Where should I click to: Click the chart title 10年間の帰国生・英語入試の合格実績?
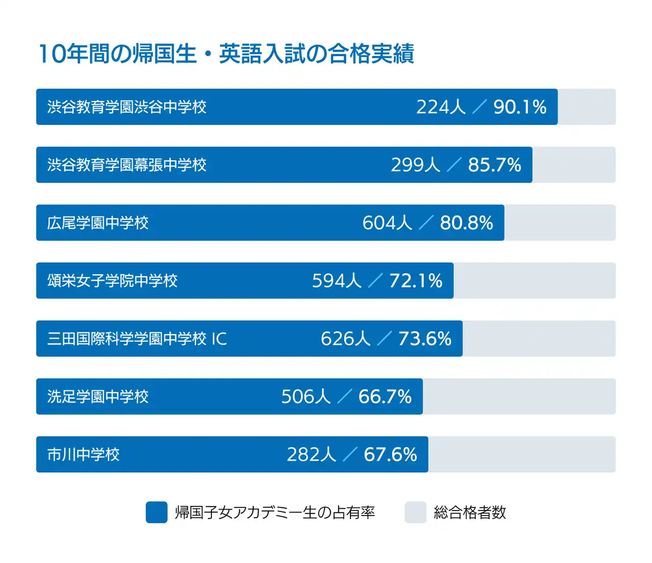(x=226, y=54)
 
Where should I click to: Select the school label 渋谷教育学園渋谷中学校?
(x=127, y=107)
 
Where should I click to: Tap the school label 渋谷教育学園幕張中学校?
(x=127, y=165)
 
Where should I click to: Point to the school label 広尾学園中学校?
(x=98, y=223)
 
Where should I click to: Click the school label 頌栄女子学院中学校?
(x=113, y=281)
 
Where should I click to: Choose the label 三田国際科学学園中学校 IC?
(x=137, y=339)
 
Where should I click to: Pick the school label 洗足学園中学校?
(x=98, y=397)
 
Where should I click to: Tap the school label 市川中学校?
(x=84, y=454)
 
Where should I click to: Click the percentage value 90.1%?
(x=520, y=107)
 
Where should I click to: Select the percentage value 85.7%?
(x=494, y=165)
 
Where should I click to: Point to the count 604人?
(x=387, y=223)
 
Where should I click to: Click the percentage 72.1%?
(x=416, y=281)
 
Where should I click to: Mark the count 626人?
(x=345, y=339)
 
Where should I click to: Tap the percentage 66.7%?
(x=385, y=397)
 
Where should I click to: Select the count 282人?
(x=311, y=454)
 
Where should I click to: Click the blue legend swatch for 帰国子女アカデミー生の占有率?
(x=156, y=513)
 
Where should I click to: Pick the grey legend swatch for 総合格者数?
(x=415, y=513)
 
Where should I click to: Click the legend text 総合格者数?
(x=470, y=513)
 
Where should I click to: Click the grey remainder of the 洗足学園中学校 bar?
(x=519, y=397)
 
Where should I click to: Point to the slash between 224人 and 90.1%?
(x=479, y=107)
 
